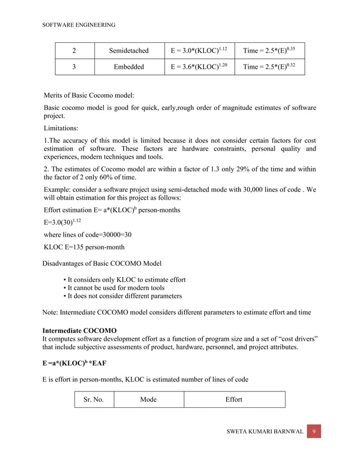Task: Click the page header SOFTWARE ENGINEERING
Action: pyautogui.click(x=79, y=25)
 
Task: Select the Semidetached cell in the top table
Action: pyautogui.click(x=129, y=51)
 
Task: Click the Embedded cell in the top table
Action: pyautogui.click(x=129, y=67)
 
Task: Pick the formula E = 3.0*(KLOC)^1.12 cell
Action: pyautogui.click(x=199, y=51)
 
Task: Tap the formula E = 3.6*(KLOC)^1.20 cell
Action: pyautogui.click(x=199, y=67)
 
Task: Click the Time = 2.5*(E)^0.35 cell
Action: pyautogui.click(x=269, y=51)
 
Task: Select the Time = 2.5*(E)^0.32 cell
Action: pyautogui.click(x=269, y=67)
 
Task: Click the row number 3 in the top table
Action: pyautogui.click(x=74, y=67)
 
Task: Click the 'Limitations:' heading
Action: pyautogui.click(x=62, y=128)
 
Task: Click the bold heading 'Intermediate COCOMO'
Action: pyautogui.click(x=80, y=329)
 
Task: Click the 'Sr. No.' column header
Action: pyautogui.click(x=93, y=399)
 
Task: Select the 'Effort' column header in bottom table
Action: pyautogui.click(x=234, y=399)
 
